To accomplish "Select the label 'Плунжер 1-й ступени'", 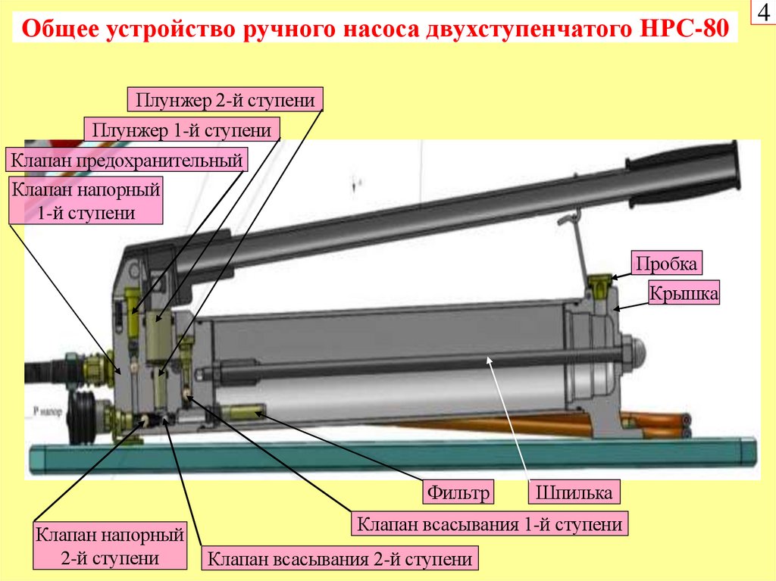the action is coord(182,130).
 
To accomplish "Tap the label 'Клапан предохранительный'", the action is coord(127,160).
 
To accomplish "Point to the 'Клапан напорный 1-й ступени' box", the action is coord(86,200).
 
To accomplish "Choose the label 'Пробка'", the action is coord(667,264).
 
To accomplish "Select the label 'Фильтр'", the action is coord(459,493).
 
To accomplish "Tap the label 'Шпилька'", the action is coord(574,493).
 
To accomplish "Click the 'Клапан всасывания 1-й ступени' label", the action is coord(490,524).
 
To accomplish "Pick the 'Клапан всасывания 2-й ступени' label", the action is coord(340,560).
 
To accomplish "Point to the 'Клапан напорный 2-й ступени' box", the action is coord(110,547).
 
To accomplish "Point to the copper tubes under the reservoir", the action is coord(652,424).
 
